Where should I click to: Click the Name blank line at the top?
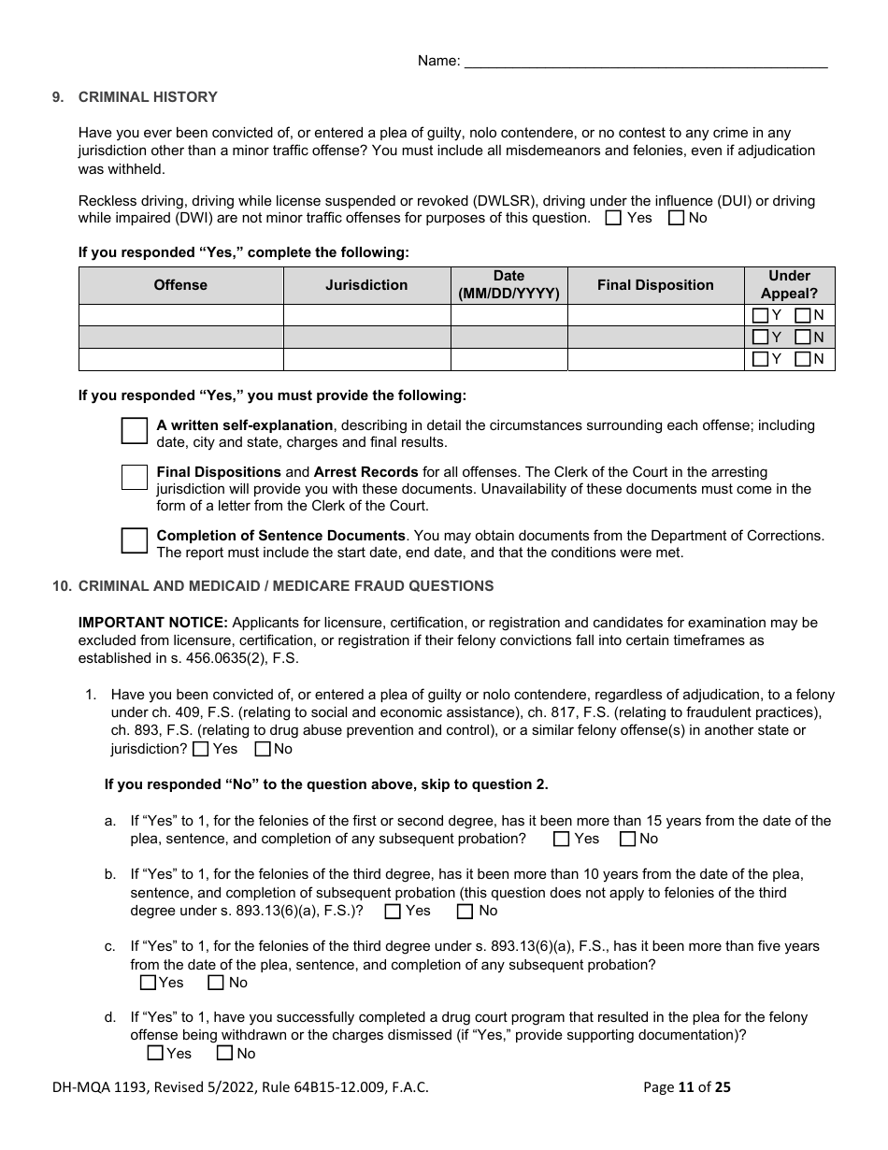[645, 62]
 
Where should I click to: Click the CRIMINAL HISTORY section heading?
[148, 97]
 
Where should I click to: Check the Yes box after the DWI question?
[613, 218]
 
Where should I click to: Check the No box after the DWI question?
[677, 218]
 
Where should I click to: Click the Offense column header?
[180, 285]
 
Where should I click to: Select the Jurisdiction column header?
[366, 285]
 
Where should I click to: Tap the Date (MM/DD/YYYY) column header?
[508, 285]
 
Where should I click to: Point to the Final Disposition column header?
[655, 285]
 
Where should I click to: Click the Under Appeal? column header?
[789, 285]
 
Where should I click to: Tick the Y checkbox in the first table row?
[761, 315]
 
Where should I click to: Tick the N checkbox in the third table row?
[802, 359]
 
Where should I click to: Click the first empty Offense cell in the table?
[180, 315]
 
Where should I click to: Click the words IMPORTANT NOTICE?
[153, 623]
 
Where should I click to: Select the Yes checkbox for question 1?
[201, 749]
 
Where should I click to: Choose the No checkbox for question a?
[627, 839]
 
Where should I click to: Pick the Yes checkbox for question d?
[155, 1054]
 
